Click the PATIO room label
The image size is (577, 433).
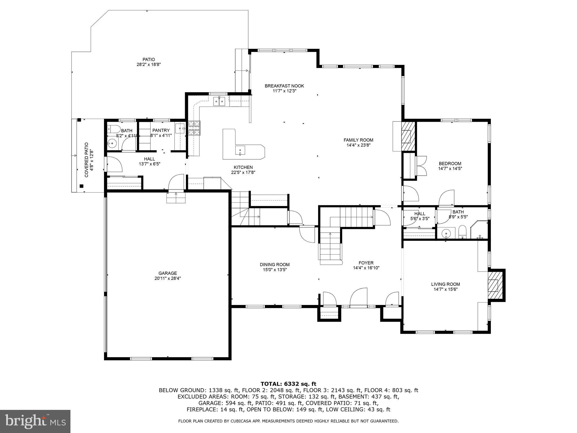[x=148, y=59]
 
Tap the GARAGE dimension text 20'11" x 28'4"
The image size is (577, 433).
[x=168, y=278]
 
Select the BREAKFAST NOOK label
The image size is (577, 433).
[x=284, y=86]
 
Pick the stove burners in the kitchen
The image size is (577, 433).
[x=194, y=128]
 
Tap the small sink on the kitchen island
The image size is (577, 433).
[x=240, y=150]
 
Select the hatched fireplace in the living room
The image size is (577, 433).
[x=493, y=285]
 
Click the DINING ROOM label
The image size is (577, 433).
[x=275, y=265]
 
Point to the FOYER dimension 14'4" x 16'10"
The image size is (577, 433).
[x=366, y=268]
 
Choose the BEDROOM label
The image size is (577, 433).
[x=450, y=164]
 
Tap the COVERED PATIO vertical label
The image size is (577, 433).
[x=86, y=160]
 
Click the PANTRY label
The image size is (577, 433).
[x=161, y=130]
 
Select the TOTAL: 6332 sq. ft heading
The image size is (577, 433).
[x=288, y=384]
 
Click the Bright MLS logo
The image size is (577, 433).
[x=35, y=421]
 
